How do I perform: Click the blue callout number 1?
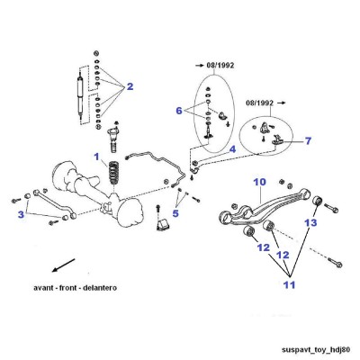[96, 157]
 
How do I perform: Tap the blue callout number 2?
[130, 86]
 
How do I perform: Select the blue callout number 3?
[21, 214]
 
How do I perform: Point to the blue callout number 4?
[232, 149]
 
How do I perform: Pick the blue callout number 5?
[175, 213]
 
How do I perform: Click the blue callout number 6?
[179, 111]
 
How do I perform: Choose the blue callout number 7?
[308, 140]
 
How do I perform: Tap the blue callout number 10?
[259, 182]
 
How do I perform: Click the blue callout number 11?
[290, 284]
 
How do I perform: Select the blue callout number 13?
[310, 222]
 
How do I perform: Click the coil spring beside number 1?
[113, 174]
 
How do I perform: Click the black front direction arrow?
[63, 265]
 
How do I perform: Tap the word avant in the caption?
[42, 288]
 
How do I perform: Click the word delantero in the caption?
[100, 288]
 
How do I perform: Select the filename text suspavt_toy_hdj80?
[316, 350]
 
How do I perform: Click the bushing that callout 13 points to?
[318, 200]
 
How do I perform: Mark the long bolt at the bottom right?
[336, 262]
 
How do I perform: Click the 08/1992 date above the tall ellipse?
[220, 66]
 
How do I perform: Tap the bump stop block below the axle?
[163, 225]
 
